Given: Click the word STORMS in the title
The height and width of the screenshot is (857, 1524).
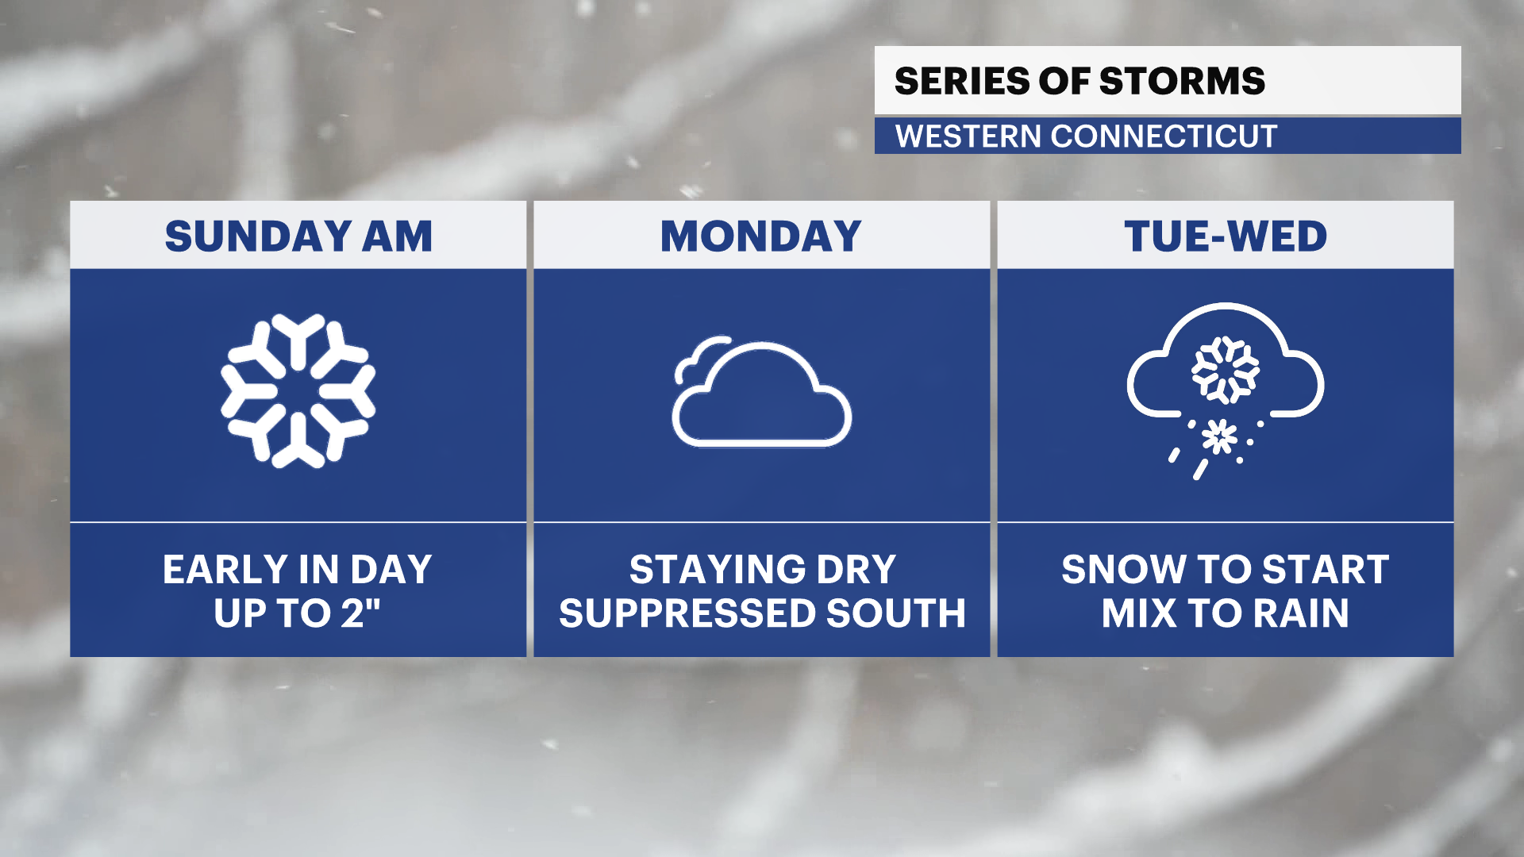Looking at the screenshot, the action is tap(1182, 81).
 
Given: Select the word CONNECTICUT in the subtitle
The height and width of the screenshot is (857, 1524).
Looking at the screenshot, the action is tap(1164, 136).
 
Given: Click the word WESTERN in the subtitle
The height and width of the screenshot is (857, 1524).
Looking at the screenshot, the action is tap(968, 136).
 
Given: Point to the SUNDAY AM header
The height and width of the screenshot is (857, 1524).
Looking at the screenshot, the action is tap(298, 236).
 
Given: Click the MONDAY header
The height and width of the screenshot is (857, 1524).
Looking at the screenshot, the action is tap(761, 236).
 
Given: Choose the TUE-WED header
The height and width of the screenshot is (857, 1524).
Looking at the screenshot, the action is tap(1226, 236).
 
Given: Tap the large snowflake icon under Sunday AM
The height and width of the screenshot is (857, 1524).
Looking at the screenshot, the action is tap(298, 390).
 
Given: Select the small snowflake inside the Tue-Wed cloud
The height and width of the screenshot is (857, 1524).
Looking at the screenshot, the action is tap(1225, 370).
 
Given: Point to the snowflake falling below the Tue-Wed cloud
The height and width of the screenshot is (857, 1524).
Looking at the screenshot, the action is tap(1219, 437).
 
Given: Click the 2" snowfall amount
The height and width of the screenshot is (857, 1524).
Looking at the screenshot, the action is tap(361, 613).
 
